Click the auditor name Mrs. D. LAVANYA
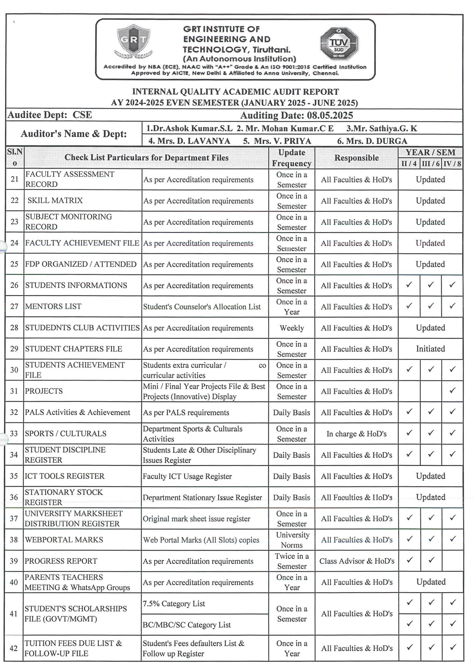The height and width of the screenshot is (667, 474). point(189,141)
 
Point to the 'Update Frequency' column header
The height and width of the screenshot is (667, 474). point(292,158)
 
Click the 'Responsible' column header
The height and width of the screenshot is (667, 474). point(356,158)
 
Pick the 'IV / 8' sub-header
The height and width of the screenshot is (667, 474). point(452,164)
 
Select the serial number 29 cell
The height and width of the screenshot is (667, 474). point(14,349)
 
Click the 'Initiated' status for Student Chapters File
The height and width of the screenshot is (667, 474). point(430,349)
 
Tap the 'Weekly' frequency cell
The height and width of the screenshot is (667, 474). point(292,328)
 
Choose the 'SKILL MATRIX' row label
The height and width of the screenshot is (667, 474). point(55,200)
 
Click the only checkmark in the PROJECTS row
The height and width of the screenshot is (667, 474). point(452,390)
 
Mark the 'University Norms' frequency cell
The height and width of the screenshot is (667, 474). point(292,540)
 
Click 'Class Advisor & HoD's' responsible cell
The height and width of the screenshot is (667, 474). point(356,561)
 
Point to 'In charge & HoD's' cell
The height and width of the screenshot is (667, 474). point(356,433)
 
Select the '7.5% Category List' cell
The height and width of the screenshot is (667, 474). point(174,603)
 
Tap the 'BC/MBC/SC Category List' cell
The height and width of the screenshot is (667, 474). point(186,625)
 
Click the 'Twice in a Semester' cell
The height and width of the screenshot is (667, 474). point(292,561)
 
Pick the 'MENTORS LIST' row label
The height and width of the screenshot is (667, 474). point(53,306)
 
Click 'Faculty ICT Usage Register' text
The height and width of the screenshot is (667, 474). point(187,476)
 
